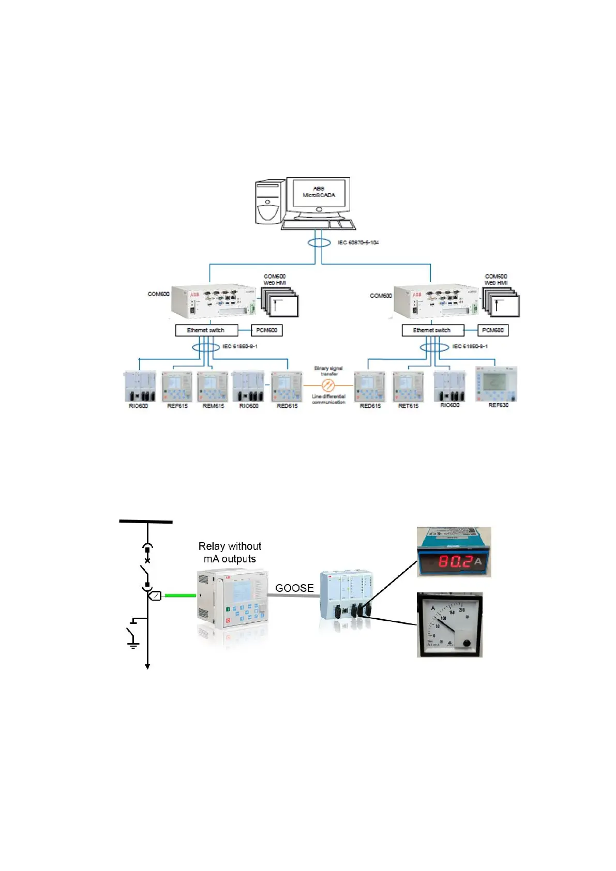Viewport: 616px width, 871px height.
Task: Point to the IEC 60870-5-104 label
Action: click(x=358, y=242)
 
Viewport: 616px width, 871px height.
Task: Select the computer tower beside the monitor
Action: click(x=269, y=202)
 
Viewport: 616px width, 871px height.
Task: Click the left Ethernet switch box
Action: click(x=206, y=330)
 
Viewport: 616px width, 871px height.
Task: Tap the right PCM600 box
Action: click(x=492, y=330)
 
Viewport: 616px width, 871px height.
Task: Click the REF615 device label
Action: click(x=177, y=406)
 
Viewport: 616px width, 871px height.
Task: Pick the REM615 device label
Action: click(x=213, y=406)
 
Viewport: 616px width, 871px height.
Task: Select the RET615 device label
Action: click(x=408, y=406)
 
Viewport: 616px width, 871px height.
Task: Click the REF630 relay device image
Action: click(x=497, y=384)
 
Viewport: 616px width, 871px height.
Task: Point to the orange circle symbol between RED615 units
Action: click(x=328, y=385)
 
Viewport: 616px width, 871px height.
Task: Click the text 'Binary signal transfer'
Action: click(x=328, y=371)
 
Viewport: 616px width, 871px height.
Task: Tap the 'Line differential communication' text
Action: click(x=328, y=399)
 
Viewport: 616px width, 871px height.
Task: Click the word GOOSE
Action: click(x=294, y=588)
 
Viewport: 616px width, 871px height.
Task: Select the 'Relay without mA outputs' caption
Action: click(x=230, y=553)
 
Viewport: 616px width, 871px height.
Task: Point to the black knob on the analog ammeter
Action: click(x=467, y=644)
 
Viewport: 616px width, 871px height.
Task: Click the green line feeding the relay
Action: click(x=180, y=595)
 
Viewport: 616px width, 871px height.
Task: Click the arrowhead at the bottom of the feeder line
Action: click(x=147, y=666)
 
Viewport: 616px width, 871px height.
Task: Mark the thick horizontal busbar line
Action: click(x=146, y=522)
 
